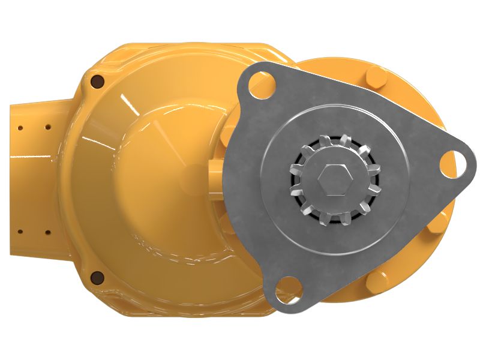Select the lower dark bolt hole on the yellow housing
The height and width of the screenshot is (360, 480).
(x=97, y=277)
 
